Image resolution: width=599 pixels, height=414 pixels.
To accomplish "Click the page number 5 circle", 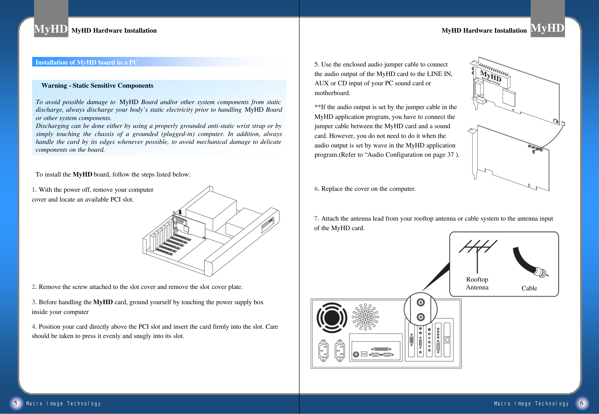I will pyautogui.click(x=15, y=403).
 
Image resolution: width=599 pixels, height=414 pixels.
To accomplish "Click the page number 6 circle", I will pyautogui.click(x=582, y=403).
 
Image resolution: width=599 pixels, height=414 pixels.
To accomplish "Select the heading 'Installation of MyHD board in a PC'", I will pyautogui.click(x=87, y=62).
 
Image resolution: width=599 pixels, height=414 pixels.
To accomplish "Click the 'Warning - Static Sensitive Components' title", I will pyautogui.click(x=97, y=86).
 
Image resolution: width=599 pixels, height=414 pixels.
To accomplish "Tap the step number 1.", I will pyautogui.click(x=34, y=190).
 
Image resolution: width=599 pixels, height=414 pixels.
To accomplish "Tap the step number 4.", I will pyautogui.click(x=34, y=327).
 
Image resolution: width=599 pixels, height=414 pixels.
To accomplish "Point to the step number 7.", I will pyautogui.click(x=316, y=218).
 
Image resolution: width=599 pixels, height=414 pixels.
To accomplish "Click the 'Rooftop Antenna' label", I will pyautogui.click(x=477, y=283).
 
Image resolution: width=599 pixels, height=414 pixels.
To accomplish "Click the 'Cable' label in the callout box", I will pyautogui.click(x=529, y=288).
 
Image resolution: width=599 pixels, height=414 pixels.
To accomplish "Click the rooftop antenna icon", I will pyautogui.click(x=477, y=254).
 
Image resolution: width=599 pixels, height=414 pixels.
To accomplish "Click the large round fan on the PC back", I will pyautogui.click(x=332, y=318).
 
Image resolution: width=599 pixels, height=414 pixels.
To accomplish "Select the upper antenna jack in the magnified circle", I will pyautogui.click(x=420, y=303).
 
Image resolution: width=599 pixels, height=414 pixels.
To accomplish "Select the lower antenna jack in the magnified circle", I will pyautogui.click(x=420, y=317).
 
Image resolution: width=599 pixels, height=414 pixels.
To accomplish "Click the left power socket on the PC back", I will pyautogui.click(x=323, y=350).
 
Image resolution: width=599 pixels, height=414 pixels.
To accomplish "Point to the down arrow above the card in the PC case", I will pyautogui.click(x=180, y=212).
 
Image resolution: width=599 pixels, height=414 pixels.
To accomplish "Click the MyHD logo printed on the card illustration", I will pyautogui.click(x=490, y=76).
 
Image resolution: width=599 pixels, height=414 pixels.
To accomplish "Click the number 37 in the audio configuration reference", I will pyautogui.click(x=450, y=155).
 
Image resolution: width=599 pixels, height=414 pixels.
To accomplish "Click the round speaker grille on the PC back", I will pyautogui.click(x=365, y=317).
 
